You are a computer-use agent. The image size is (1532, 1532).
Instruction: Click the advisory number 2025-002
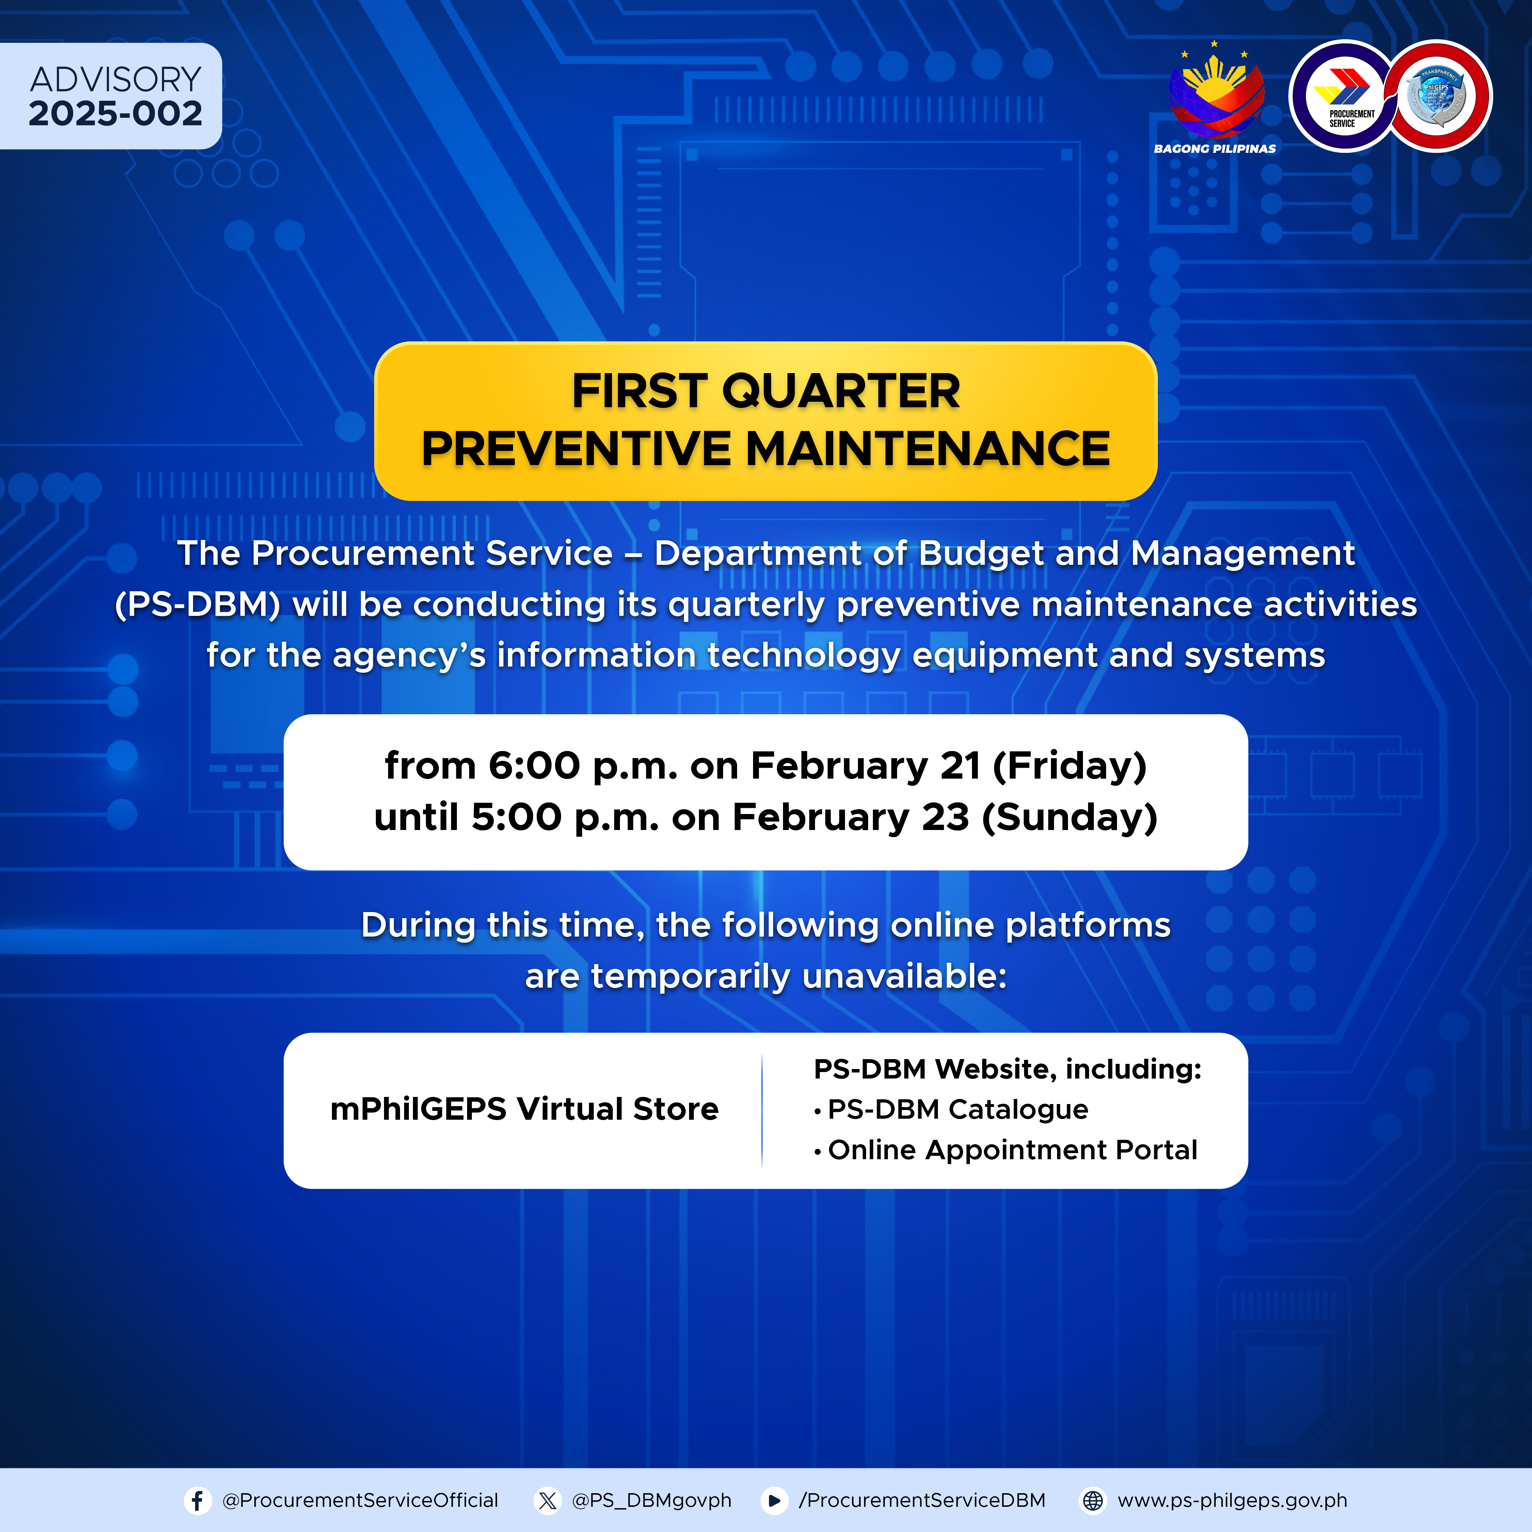click(116, 113)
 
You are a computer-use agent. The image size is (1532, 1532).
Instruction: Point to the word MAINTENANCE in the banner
click(928, 449)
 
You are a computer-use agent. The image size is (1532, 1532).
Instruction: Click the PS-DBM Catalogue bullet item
click(952, 1110)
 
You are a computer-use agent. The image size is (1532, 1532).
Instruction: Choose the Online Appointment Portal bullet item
click(1005, 1150)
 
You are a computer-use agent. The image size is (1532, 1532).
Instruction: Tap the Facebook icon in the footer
click(197, 1500)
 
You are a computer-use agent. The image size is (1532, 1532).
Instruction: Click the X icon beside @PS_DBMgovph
click(547, 1500)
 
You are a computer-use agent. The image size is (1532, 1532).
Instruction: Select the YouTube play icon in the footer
click(774, 1500)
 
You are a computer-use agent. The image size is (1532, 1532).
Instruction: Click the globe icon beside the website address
click(1093, 1500)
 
